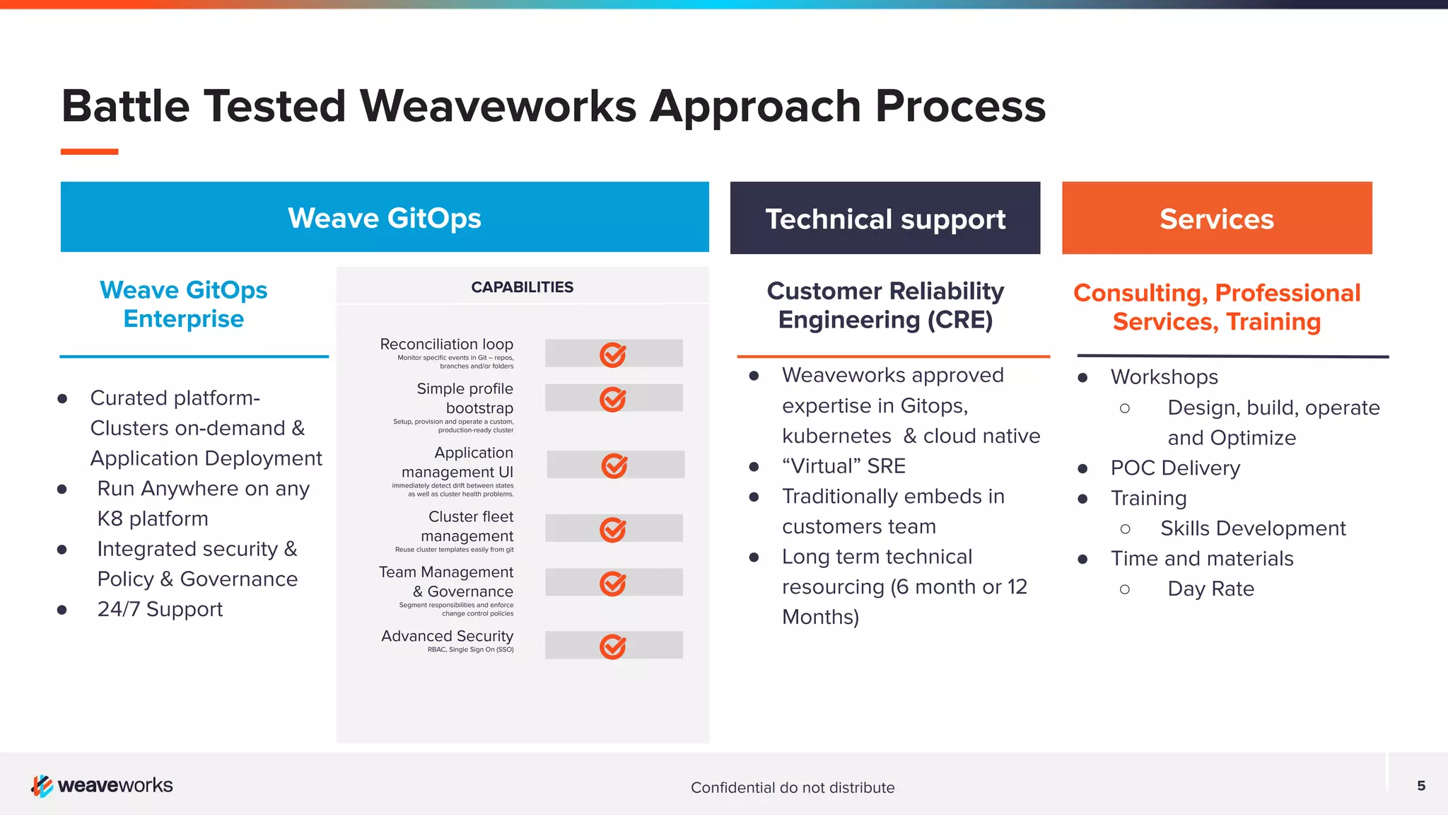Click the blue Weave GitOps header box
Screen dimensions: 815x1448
[385, 217]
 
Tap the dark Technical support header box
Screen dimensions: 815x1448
[884, 219]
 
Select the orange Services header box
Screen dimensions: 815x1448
[1216, 219]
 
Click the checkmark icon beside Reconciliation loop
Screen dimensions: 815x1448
[612, 354]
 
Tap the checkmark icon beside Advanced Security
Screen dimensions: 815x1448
[612, 646]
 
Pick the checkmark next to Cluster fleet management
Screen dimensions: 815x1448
[612, 529]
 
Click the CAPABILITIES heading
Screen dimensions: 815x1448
[522, 287]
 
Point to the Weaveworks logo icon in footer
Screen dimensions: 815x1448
[42, 785]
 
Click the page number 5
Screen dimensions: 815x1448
[1420, 785]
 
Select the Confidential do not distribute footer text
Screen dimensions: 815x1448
[792, 787]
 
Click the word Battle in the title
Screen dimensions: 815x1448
[125, 106]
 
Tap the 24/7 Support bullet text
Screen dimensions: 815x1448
[160, 609]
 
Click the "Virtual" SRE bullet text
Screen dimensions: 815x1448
[843, 466]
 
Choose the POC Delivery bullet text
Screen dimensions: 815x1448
[1174, 468]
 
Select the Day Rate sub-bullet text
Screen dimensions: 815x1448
[1210, 589]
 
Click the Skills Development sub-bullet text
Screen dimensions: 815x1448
[1252, 528]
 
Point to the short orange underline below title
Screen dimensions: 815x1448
[89, 151]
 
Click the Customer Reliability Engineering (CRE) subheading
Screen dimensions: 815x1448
[885, 306]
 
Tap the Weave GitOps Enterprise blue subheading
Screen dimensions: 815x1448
[184, 304]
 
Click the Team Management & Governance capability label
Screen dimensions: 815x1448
[446, 582]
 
